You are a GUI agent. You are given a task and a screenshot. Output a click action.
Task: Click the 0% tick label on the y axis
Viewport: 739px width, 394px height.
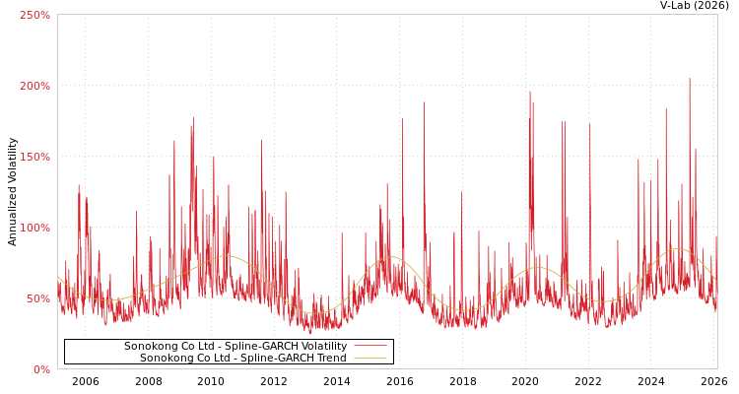point(41,369)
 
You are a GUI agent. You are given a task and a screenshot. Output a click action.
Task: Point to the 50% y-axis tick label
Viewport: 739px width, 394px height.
point(38,298)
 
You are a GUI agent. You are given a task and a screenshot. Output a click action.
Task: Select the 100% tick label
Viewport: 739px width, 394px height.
point(35,228)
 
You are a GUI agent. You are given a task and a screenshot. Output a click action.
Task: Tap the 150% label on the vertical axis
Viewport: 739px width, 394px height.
point(35,157)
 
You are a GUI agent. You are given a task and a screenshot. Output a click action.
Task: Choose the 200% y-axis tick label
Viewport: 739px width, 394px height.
point(35,86)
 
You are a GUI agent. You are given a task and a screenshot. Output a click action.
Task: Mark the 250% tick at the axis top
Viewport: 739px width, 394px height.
point(35,15)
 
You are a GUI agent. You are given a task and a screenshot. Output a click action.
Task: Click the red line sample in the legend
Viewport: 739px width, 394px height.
point(369,346)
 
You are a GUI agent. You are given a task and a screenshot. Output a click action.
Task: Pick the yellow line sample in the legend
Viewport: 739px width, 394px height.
point(369,359)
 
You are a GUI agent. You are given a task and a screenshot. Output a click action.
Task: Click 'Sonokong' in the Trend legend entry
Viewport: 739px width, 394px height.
point(166,359)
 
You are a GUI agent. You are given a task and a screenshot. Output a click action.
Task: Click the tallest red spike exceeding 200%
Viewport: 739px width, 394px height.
point(690,80)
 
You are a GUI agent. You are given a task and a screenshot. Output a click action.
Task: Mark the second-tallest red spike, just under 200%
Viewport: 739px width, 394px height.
point(530,93)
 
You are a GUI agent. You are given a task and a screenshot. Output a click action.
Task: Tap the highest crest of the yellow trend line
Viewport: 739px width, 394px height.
point(677,248)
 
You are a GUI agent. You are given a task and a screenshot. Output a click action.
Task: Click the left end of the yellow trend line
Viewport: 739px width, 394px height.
point(58,277)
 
